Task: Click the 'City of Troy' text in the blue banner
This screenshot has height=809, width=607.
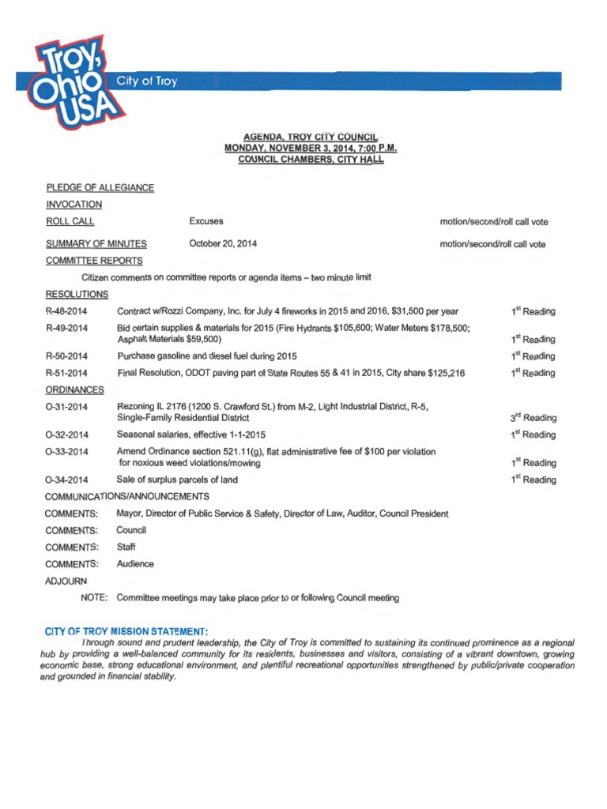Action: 148,81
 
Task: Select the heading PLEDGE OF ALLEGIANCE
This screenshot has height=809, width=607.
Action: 100,187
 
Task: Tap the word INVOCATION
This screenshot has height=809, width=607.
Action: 74,205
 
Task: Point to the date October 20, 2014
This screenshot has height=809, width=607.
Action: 223,244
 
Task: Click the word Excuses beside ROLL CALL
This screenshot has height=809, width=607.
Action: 206,222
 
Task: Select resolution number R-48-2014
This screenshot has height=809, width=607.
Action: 66,311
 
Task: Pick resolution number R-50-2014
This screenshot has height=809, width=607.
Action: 66,356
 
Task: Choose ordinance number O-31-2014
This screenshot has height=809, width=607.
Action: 66,407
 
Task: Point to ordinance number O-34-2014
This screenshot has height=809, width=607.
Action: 66,480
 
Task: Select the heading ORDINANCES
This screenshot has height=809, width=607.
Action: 75,389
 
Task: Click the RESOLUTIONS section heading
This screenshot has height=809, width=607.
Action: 77,294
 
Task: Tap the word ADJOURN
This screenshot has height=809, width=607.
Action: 67,581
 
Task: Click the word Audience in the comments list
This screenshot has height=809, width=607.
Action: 135,564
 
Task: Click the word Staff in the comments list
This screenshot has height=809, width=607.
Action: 126,547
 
